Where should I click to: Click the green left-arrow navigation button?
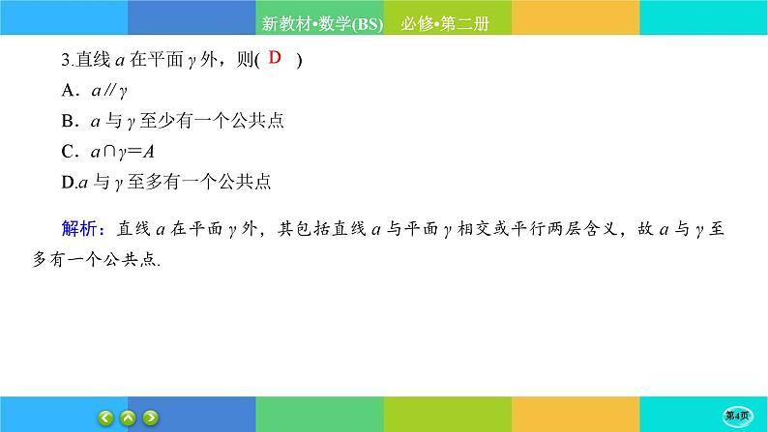[x=107, y=418]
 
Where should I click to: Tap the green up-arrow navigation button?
[x=129, y=418]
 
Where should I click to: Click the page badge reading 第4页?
[x=738, y=416]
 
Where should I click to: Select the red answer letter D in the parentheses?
[x=274, y=59]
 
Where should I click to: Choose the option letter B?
[x=68, y=122]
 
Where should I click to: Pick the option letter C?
[x=68, y=151]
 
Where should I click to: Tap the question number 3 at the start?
[x=64, y=61]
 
